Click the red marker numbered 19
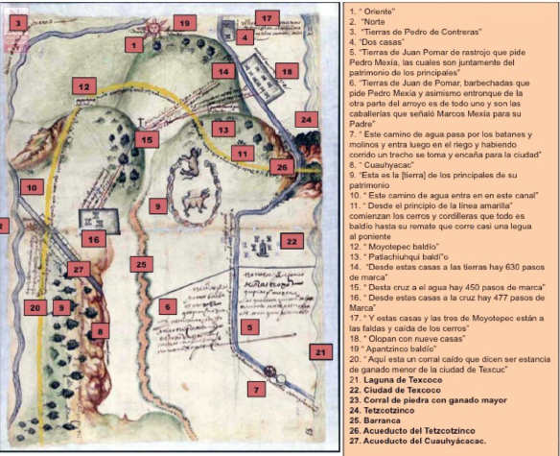pos(185,22)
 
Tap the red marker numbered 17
pos(268,17)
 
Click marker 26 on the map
pos(280,166)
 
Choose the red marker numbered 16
pos(93,238)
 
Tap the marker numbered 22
pos(292,240)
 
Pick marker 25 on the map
pos(142,263)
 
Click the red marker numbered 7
pos(255,388)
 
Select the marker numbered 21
pos(319,352)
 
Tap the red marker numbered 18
pos(286,70)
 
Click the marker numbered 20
pos(35,307)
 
